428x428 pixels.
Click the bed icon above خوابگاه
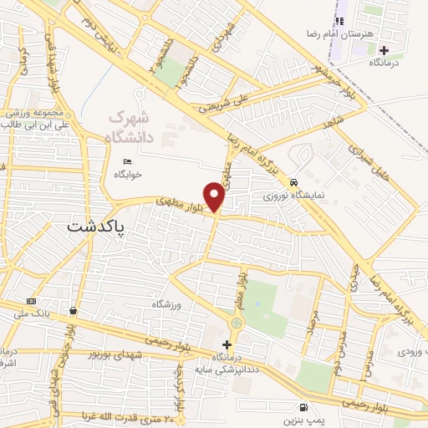(x=127, y=162)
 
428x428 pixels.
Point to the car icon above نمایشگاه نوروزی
(x=293, y=181)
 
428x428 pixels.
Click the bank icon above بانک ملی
(x=31, y=301)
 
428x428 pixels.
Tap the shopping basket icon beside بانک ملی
(x=74, y=310)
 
